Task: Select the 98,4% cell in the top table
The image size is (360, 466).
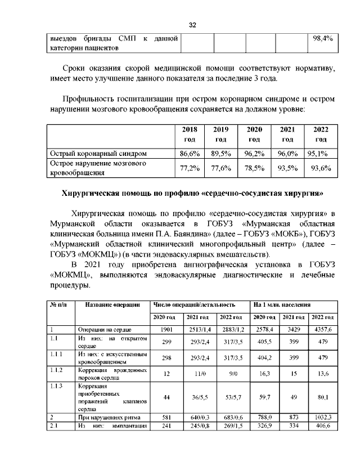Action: click(322, 39)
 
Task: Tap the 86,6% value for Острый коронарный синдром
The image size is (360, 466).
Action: click(190, 153)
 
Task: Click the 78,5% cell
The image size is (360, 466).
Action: click(254, 168)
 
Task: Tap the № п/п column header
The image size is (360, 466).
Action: click(59, 304)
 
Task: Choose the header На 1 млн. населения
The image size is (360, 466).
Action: click(282, 304)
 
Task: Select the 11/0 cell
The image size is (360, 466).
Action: click(197, 373)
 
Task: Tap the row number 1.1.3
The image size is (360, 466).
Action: click(57, 387)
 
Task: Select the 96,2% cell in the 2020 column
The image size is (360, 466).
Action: click(254, 153)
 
